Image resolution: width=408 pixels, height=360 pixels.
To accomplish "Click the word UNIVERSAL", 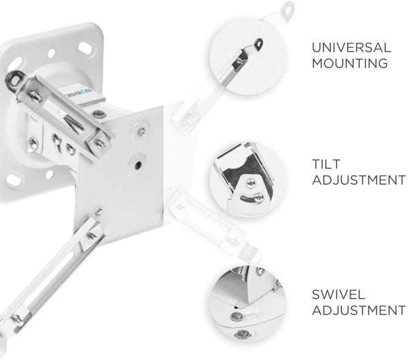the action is click(352, 48).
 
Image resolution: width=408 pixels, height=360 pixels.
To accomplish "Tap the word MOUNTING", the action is click(350, 63).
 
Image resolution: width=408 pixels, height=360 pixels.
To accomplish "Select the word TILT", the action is click(326, 164).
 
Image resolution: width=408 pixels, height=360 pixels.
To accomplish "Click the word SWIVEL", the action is click(338, 295).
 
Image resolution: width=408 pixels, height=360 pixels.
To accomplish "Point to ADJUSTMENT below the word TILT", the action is click(359, 180).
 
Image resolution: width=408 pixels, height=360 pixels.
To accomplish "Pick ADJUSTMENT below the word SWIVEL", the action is click(359, 310).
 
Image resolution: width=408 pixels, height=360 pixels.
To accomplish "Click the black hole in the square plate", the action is click(139, 164).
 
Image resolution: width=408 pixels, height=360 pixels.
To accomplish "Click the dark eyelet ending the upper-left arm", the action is click(13, 79).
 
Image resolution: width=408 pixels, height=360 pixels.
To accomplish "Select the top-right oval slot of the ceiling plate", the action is click(86, 48).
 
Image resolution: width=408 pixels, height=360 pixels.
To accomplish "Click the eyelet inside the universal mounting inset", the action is click(258, 44).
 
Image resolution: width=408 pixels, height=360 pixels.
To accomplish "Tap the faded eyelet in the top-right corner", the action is click(288, 9).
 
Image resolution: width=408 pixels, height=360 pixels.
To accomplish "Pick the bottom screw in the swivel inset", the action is click(242, 334).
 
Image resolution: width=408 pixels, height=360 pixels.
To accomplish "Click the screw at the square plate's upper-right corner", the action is click(142, 131).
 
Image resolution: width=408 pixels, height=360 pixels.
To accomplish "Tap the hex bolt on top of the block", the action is click(97, 114).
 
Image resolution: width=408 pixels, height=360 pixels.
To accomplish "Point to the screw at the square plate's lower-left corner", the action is click(98, 211).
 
